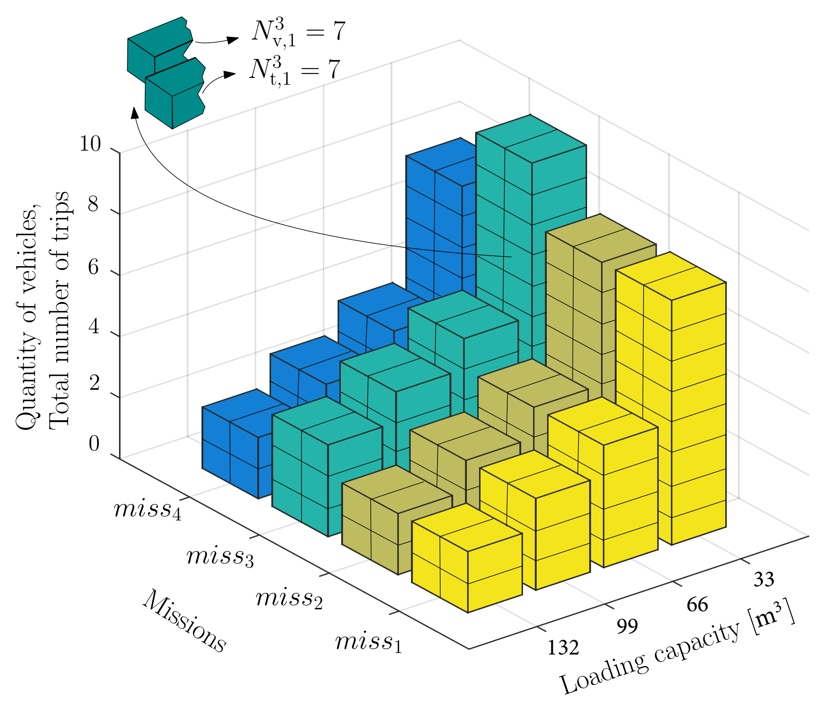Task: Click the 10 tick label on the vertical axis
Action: [x=90, y=144]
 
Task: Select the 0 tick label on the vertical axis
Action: [x=94, y=443]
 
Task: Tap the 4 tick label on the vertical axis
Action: [x=94, y=326]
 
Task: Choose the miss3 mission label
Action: [x=220, y=557]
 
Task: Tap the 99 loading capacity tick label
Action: [x=627, y=626]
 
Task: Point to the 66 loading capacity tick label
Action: [x=697, y=605]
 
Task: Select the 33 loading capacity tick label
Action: [x=764, y=579]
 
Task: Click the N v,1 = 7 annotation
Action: [x=298, y=32]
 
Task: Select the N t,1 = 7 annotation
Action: [x=294, y=71]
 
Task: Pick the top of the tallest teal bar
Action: [x=531, y=139]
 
